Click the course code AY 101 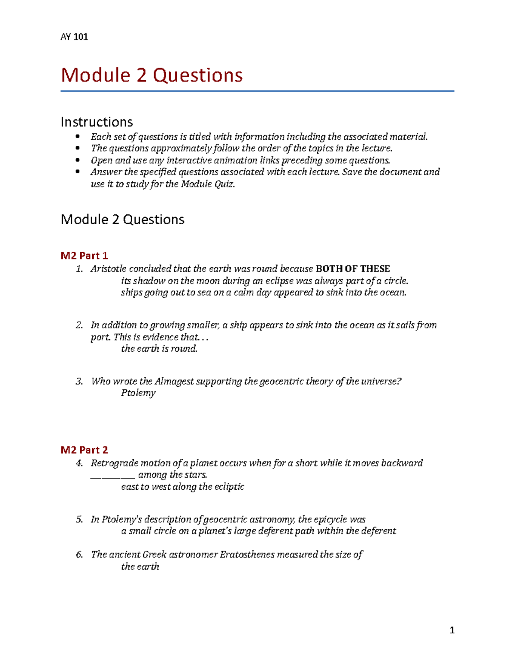click(x=74, y=37)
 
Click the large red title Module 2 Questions click(x=151, y=75)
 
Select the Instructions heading click(x=97, y=122)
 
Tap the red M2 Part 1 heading click(x=84, y=256)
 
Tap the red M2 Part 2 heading click(x=84, y=450)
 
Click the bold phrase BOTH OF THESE click(x=352, y=269)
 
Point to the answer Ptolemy click(x=138, y=393)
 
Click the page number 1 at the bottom click(x=451, y=630)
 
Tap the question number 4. click(x=79, y=463)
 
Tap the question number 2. click(x=79, y=325)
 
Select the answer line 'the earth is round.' click(x=159, y=349)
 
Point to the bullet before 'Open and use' click(x=78, y=160)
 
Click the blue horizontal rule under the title click(x=257, y=91)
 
